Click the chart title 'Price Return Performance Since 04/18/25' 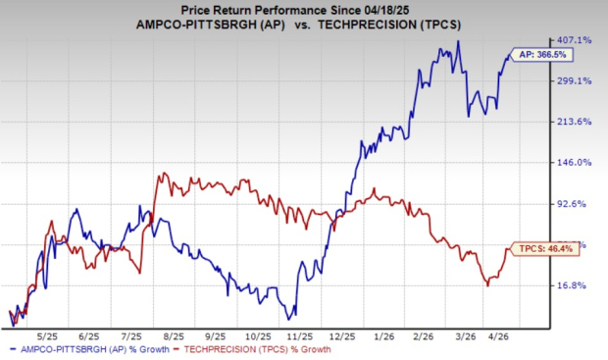303,9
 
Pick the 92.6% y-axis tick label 576,204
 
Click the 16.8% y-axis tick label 576,285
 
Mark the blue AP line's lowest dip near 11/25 288,319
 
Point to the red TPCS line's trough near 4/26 487,285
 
